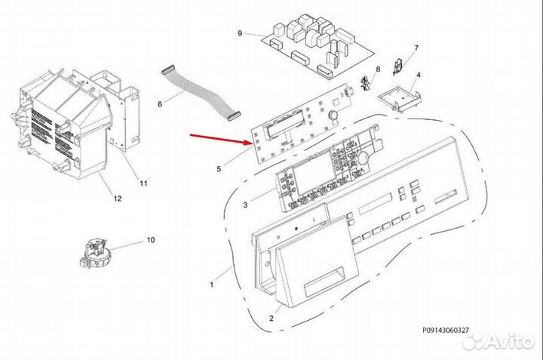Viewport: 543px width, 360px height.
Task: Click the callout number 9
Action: pyautogui.click(x=240, y=33)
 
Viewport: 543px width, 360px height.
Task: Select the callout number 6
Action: pyautogui.click(x=160, y=104)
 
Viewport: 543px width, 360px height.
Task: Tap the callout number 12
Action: pyautogui.click(x=118, y=198)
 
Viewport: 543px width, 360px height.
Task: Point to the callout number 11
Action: pyautogui.click(x=143, y=183)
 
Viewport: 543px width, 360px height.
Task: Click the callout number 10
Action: pyautogui.click(x=151, y=240)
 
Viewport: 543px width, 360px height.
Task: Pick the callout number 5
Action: pyautogui.click(x=219, y=169)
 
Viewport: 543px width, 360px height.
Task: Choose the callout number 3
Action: pyautogui.click(x=245, y=205)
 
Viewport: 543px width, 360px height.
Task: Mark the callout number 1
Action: pyautogui.click(x=212, y=285)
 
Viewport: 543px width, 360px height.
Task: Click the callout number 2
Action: pyautogui.click(x=271, y=318)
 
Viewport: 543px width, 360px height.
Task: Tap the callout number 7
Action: pyautogui.click(x=416, y=48)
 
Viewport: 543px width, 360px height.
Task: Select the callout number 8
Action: pyautogui.click(x=378, y=69)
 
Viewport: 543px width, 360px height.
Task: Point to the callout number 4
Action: pyautogui.click(x=419, y=75)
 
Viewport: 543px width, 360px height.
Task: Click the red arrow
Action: pyautogui.click(x=222, y=140)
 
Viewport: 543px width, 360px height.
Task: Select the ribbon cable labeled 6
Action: pyautogui.click(x=201, y=92)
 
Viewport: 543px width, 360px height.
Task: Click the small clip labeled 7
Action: pyautogui.click(x=397, y=66)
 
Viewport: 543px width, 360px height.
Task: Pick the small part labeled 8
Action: pyautogui.click(x=364, y=85)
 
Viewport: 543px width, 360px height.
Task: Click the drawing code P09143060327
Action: pyautogui.click(x=446, y=331)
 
